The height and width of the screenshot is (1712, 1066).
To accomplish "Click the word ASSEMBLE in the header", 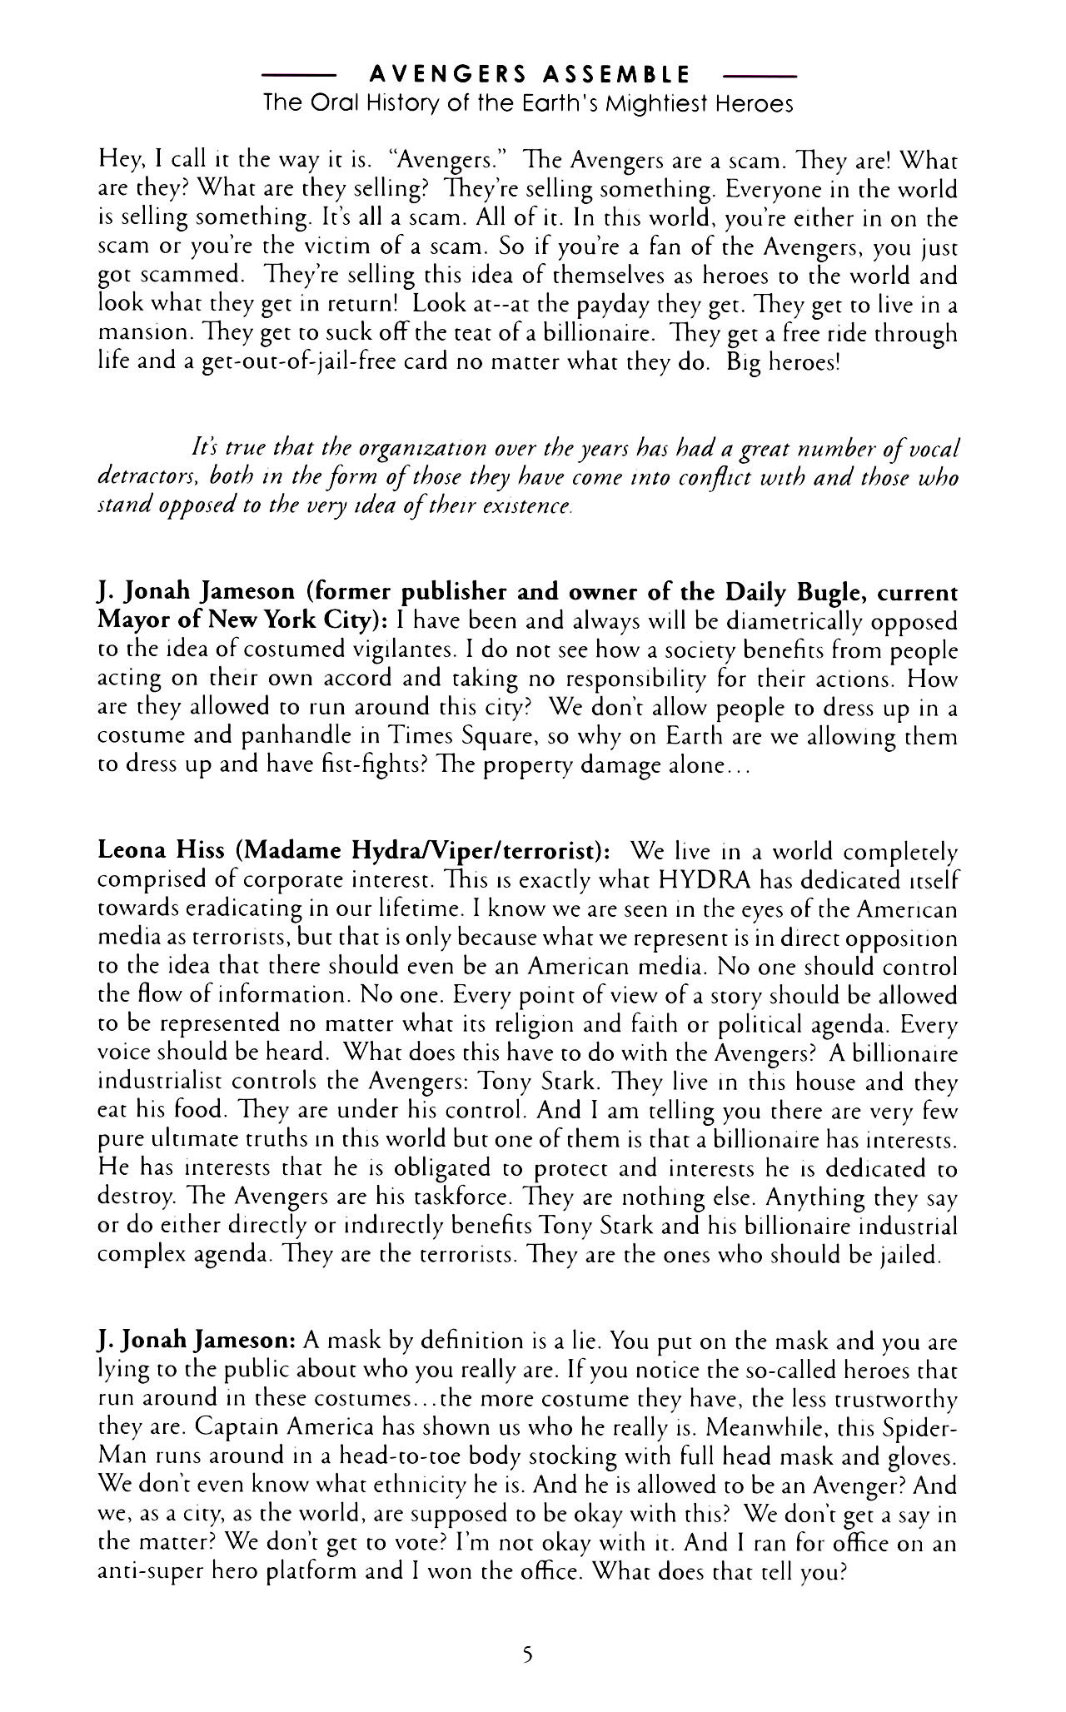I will coord(615,76).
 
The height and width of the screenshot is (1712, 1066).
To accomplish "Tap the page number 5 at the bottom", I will coord(526,1656).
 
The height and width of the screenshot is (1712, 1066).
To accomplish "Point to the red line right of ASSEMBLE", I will coord(761,76).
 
